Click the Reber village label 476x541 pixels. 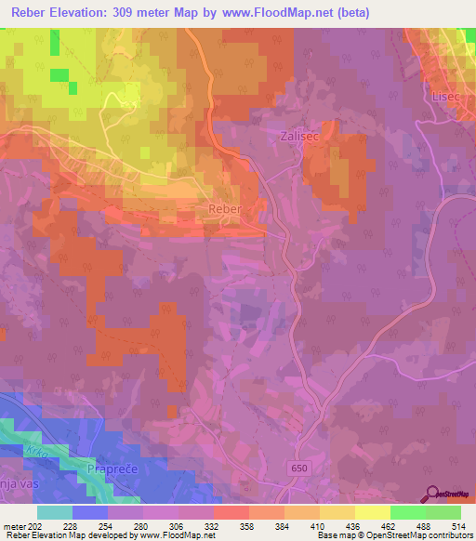(225, 210)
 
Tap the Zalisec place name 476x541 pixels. (298, 136)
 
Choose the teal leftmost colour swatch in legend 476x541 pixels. (55, 512)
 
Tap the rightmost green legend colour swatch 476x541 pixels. (443, 512)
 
